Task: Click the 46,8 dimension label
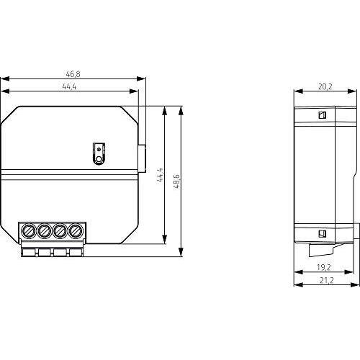[x=73, y=74]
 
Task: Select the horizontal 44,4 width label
[x=69, y=86]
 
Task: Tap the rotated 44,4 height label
[x=161, y=176]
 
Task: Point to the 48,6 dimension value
[x=176, y=181]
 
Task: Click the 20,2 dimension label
[x=325, y=86]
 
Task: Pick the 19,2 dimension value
[x=324, y=267]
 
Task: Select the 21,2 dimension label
[x=327, y=280]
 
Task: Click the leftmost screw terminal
[x=29, y=231]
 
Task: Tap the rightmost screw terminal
[x=76, y=231]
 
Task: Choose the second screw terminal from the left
[x=45, y=231]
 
